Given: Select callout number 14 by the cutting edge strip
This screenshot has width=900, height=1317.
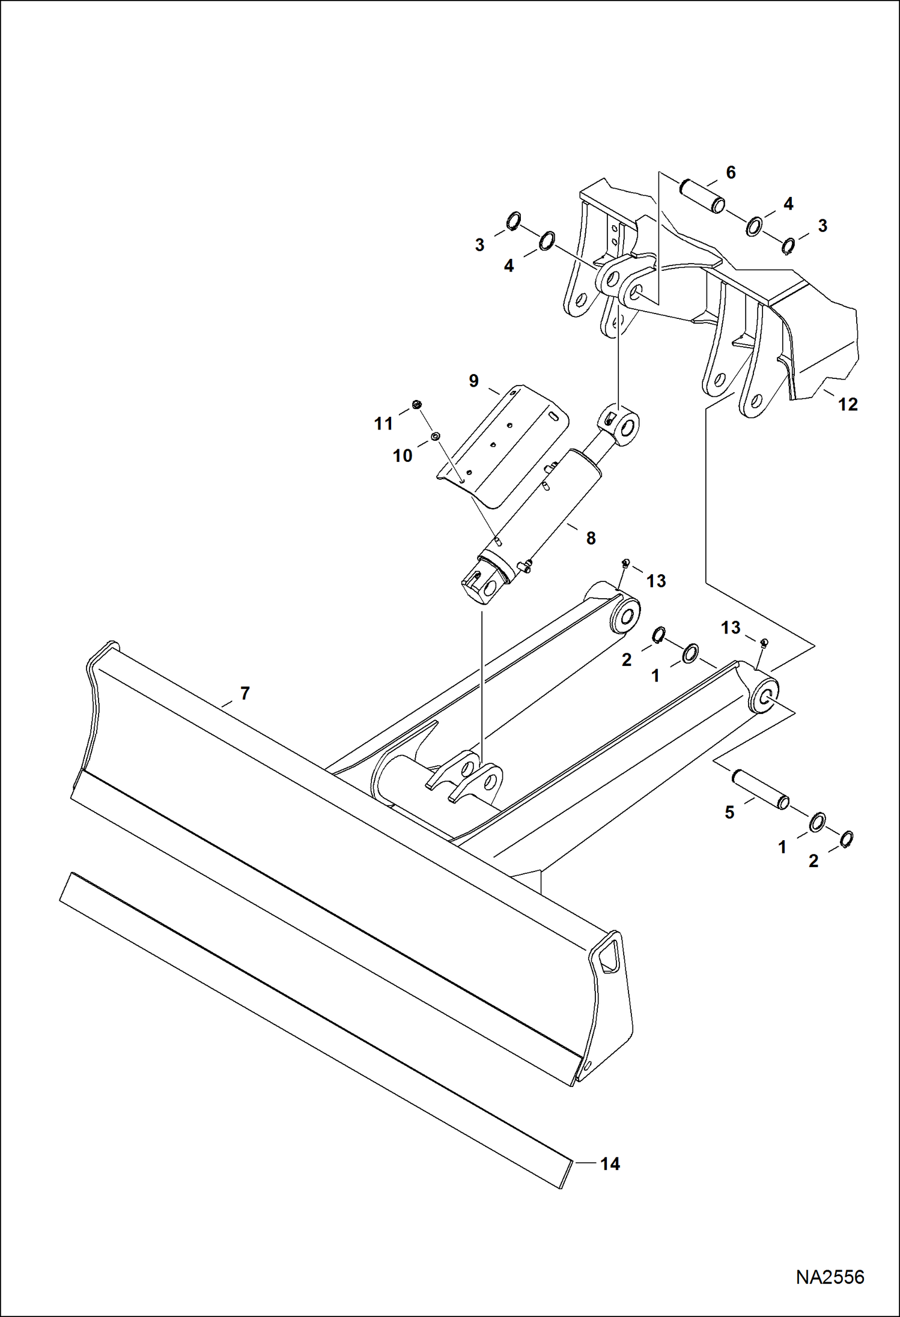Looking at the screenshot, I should pyautogui.click(x=610, y=1164).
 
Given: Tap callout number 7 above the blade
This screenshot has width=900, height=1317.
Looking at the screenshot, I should pyautogui.click(x=245, y=694).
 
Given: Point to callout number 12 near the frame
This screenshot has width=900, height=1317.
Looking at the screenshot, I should pyautogui.click(x=848, y=405).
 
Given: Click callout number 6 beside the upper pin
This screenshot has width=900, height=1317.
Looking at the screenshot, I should pyautogui.click(x=731, y=173).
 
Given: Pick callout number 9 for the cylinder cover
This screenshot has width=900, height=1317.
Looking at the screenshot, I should pyautogui.click(x=473, y=381).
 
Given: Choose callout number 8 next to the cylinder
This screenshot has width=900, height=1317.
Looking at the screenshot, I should pyautogui.click(x=591, y=539).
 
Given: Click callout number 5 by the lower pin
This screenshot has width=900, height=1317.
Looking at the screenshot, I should pyautogui.click(x=729, y=813).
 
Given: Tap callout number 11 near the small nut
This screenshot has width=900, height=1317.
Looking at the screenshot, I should pyautogui.click(x=383, y=423).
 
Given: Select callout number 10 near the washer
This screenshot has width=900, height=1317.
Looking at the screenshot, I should pyautogui.click(x=403, y=456).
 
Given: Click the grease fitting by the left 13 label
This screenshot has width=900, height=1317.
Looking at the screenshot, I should pyautogui.click(x=625, y=562).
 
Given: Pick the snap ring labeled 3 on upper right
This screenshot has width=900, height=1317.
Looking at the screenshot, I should pyautogui.click(x=789, y=246).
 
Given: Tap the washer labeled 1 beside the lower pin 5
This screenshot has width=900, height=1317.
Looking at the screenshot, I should pyautogui.click(x=817, y=823).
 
